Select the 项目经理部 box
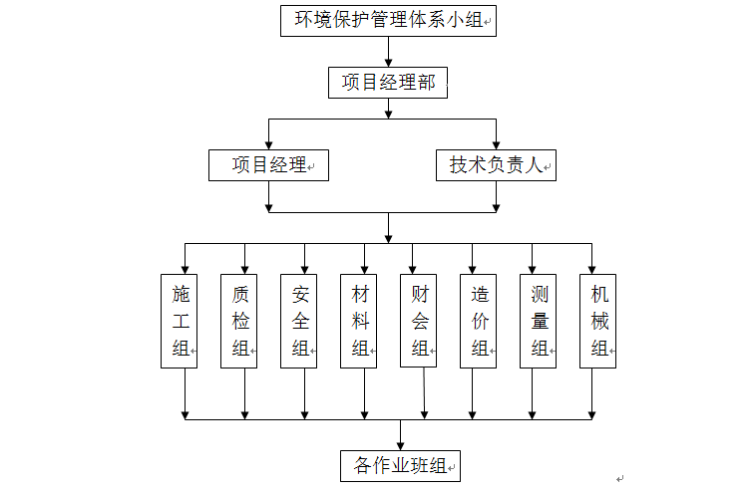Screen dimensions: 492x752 tap(388, 84)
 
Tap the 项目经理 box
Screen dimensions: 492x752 tap(268, 165)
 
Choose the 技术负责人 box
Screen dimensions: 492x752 tap(496, 165)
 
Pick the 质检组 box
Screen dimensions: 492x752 tap(240, 321)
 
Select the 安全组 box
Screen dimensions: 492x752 tap(300, 321)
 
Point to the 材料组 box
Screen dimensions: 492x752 tap(360, 321)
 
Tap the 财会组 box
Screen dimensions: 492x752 tap(420, 321)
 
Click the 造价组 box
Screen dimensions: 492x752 tap(480, 321)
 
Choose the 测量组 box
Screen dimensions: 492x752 tap(540, 321)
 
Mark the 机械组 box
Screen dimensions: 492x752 tap(598, 321)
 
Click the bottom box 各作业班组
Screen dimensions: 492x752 tap(401, 465)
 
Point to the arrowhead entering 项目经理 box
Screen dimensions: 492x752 tap(268, 144)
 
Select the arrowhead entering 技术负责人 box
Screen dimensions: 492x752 tap(496, 144)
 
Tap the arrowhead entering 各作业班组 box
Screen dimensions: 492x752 tap(401, 444)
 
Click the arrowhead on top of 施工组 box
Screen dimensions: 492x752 tap(186, 268)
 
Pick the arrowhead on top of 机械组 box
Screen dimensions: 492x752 tap(592, 268)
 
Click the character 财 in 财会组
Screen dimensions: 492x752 tap(420, 295)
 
